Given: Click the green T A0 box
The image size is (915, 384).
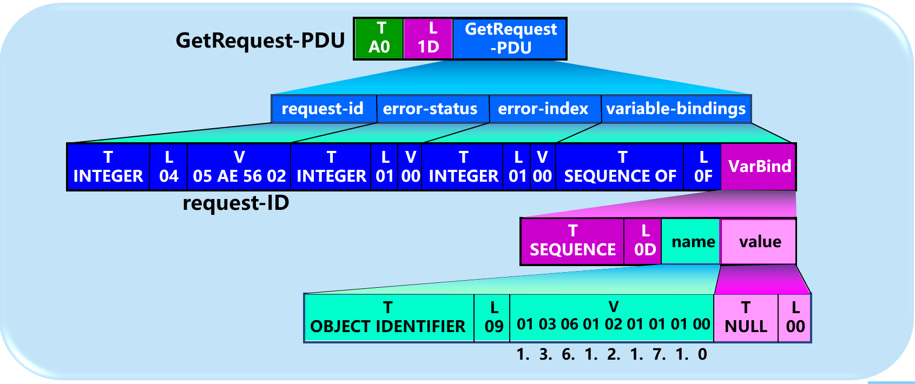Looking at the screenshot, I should [x=379, y=38].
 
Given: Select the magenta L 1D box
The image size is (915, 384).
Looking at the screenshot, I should [x=428, y=38].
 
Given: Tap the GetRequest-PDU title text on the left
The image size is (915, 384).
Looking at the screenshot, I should [x=260, y=41].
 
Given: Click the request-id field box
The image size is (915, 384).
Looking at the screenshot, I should [x=323, y=109].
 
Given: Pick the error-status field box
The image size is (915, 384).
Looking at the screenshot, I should [x=431, y=109].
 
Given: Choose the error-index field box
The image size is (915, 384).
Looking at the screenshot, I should [x=543, y=109].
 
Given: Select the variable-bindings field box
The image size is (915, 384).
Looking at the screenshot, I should [x=676, y=109].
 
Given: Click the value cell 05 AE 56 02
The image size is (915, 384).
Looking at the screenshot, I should [x=239, y=167].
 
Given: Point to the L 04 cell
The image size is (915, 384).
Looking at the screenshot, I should [x=169, y=167].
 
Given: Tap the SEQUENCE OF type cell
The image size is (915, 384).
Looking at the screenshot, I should [x=620, y=167].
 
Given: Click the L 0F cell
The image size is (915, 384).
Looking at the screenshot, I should [x=703, y=167].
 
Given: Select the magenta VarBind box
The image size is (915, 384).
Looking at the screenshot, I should [x=759, y=167].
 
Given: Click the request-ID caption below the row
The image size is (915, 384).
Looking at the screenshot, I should [x=236, y=203].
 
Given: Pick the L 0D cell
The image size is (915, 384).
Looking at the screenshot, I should [x=644, y=241].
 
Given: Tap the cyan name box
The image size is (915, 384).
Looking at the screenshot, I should [x=693, y=242].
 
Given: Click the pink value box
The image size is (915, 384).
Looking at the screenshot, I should [x=760, y=242].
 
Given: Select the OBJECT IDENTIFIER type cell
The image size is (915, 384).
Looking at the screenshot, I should [x=388, y=317].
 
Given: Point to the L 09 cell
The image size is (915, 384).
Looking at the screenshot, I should [x=493, y=317].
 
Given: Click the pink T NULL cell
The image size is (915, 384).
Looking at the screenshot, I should [x=746, y=317].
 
